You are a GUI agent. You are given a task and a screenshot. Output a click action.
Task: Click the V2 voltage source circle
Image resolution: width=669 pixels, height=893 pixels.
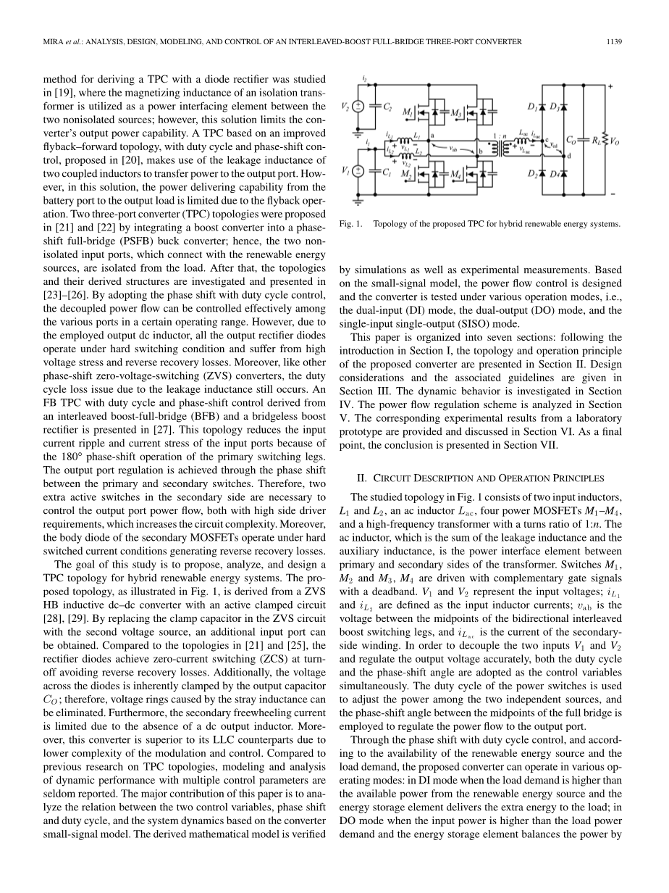pos(357,107)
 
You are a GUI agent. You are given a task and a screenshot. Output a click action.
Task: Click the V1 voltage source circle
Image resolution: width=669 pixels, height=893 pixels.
pos(357,172)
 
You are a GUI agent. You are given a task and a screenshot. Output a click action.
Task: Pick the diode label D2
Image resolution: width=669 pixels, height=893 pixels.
pos(532,175)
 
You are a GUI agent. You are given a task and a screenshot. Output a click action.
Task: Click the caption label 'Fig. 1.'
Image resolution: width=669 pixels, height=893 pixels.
pos(350,224)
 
